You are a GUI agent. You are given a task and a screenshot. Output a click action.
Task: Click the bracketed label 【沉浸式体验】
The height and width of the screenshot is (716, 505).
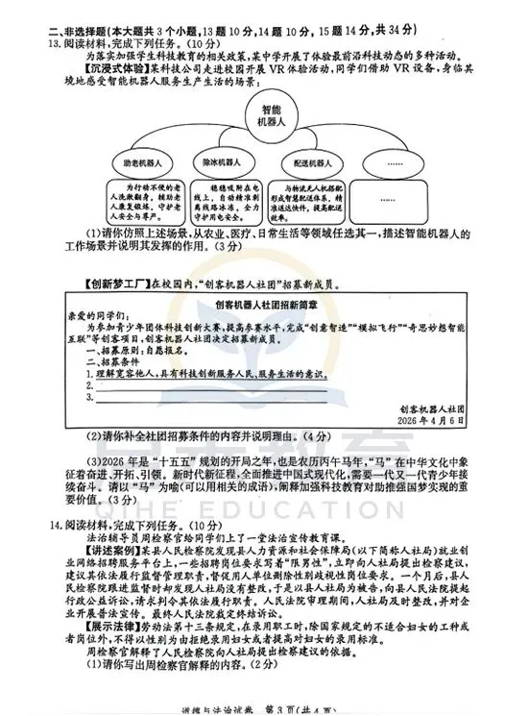coord(96,70)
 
